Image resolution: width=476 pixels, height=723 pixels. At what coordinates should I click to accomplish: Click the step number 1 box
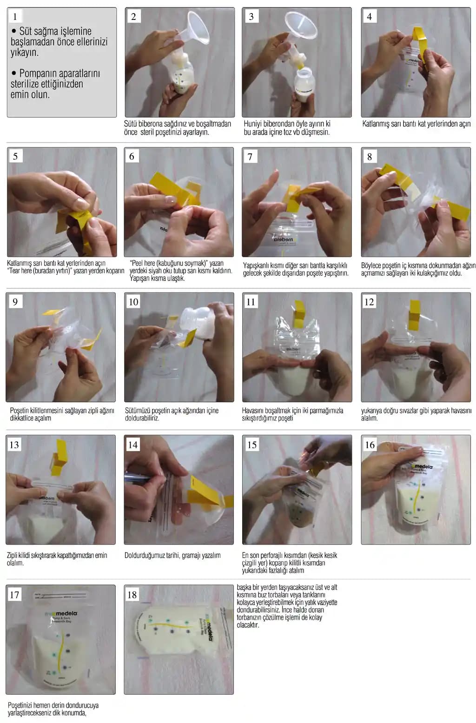click(15, 16)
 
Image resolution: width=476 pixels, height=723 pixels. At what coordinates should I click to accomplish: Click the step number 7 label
click(250, 157)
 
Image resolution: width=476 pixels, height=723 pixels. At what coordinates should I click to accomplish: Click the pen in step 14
click(138, 478)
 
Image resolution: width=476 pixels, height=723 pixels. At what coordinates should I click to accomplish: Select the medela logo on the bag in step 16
click(421, 466)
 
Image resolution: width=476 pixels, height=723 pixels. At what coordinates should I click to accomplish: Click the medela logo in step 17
click(61, 613)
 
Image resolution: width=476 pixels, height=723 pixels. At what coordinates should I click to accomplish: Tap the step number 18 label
click(132, 595)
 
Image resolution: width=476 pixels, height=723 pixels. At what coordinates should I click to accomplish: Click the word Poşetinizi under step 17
click(20, 706)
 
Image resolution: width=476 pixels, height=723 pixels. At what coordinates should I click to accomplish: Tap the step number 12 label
click(369, 302)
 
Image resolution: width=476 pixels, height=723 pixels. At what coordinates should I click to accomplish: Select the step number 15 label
click(251, 445)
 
